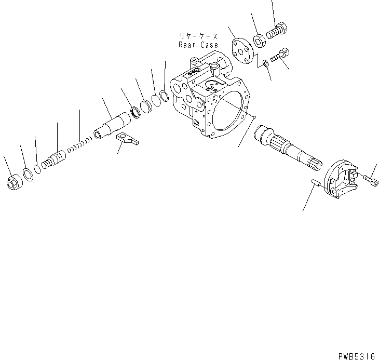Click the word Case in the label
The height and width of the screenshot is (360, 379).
click(x=209, y=45)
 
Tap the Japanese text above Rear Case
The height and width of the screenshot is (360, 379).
click(x=199, y=36)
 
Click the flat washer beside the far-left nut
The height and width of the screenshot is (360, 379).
click(x=28, y=175)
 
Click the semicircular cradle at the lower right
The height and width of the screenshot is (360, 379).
click(x=340, y=180)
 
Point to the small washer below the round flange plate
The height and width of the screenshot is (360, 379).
click(x=265, y=62)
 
